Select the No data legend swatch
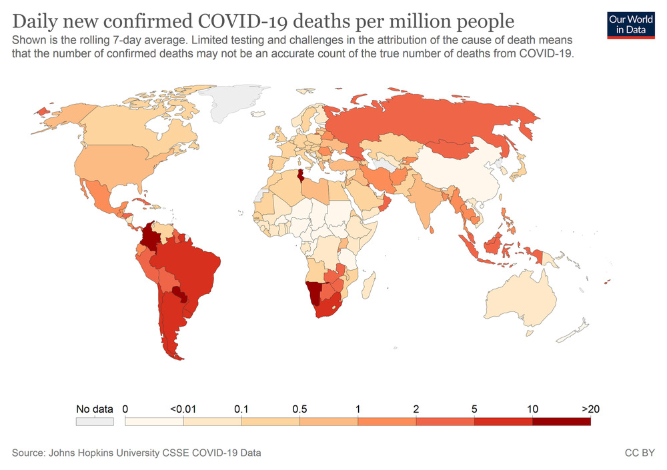95,422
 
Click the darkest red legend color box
561,422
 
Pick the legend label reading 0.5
299,409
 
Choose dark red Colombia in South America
152,237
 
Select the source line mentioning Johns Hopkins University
136,453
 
